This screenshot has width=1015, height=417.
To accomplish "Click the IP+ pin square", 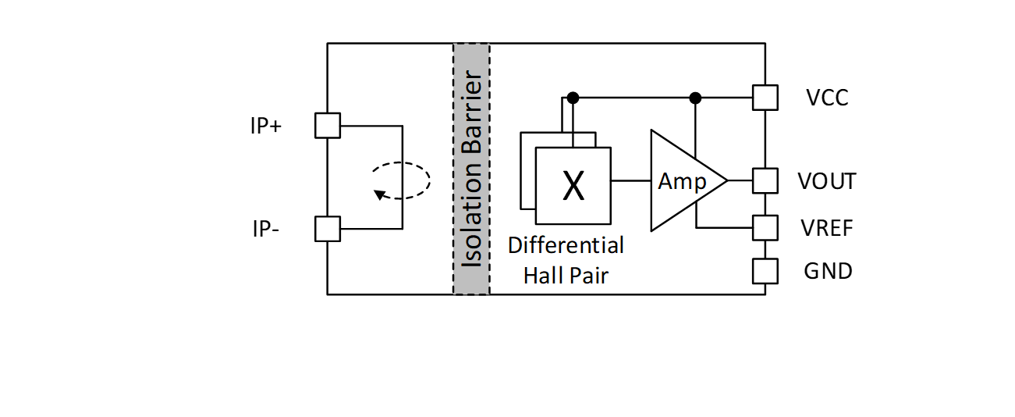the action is [328, 126].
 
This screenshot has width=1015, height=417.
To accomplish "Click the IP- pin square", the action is [328, 229].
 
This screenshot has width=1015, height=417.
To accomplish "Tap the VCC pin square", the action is [765, 98].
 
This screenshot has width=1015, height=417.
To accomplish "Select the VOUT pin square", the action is [765, 180].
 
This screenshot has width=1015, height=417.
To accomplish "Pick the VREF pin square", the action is [765, 228].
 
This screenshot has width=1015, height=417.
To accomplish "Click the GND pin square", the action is [765, 271].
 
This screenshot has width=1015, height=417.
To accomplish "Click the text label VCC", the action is [828, 98].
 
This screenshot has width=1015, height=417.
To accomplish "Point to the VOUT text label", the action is [827, 181].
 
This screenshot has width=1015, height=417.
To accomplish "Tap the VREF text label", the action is [827, 228].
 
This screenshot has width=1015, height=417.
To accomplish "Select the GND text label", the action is [828, 271].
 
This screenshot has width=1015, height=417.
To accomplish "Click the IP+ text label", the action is [266, 126].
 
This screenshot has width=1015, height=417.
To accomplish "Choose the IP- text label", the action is [266, 229].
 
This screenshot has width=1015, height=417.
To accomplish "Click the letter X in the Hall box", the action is [573, 186].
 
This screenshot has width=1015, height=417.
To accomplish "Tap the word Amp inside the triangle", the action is [682, 181].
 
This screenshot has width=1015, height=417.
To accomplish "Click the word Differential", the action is [566, 245].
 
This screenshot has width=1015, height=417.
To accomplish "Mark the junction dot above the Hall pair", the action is [573, 98].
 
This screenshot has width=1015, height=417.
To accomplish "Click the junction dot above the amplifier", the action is [695, 98].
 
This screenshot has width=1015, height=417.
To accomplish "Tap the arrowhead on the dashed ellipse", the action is [379, 194].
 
